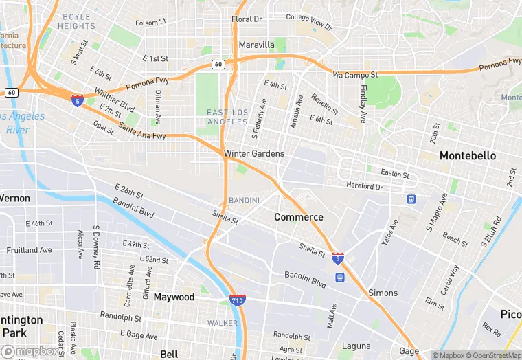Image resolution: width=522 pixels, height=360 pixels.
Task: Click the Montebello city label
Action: click(x=467, y=156)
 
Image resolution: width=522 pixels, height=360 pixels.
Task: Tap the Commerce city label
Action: click(x=298, y=217)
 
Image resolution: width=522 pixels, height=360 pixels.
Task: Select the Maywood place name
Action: click(x=174, y=297)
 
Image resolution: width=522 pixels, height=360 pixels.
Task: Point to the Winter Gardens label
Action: click(x=253, y=154)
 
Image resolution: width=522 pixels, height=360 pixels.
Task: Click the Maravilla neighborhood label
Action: click(x=256, y=45)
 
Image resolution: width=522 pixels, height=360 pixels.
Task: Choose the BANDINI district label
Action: click(x=244, y=201)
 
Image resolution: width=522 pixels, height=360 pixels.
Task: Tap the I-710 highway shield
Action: click(x=235, y=300)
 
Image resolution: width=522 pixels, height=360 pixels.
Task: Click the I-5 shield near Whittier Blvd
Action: click(x=78, y=100)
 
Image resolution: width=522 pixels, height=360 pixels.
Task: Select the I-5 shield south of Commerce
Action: click(x=337, y=258)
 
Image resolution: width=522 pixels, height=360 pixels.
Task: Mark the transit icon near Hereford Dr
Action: click(x=411, y=199)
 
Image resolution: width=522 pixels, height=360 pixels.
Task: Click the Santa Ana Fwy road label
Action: click(x=141, y=131)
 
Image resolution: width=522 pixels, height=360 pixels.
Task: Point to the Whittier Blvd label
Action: click(x=114, y=101)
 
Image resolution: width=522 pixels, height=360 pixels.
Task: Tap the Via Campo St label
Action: click(x=355, y=74)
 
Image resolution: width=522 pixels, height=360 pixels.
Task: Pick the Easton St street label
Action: click(x=394, y=175)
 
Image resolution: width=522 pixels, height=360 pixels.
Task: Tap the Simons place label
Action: click(x=383, y=293)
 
